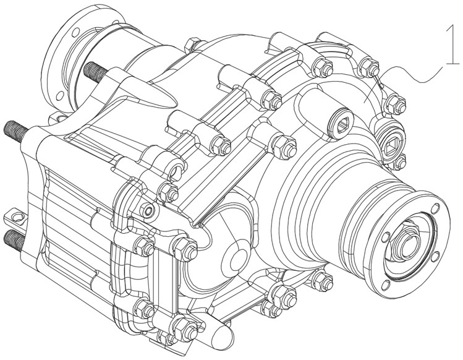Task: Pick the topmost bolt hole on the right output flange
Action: click(435, 208)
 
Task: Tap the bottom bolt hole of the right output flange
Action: click(386, 285)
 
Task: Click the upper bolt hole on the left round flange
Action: click(76, 32)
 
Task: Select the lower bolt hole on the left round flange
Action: click(60, 95)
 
